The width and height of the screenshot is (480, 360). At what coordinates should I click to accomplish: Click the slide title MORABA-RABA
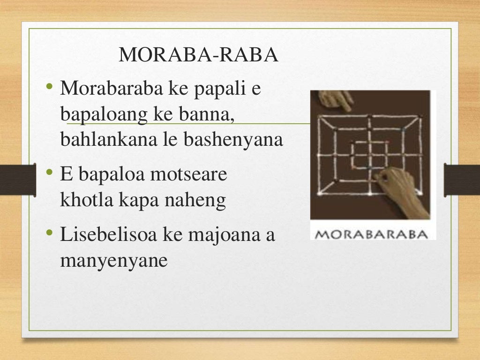[x=199, y=55]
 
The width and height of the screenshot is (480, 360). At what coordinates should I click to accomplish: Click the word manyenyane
[x=113, y=261]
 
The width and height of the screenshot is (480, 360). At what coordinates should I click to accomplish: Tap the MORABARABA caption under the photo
[x=370, y=233]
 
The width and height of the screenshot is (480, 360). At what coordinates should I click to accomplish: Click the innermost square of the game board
[x=370, y=154]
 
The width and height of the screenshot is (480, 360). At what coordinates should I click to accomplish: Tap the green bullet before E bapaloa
[x=50, y=174]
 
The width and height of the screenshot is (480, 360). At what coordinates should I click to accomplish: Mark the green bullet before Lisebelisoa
[x=50, y=234]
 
